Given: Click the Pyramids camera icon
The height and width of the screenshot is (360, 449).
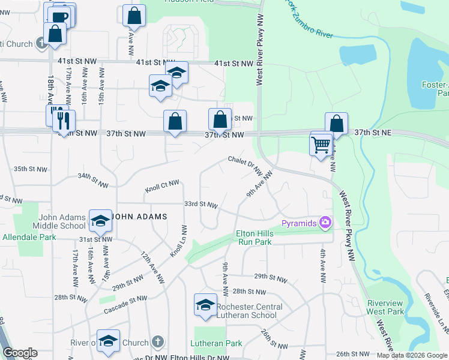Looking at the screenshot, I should (325, 223).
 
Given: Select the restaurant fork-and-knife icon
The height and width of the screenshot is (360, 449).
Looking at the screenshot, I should (63, 120).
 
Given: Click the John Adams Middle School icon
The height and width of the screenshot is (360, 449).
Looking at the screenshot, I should (100, 221).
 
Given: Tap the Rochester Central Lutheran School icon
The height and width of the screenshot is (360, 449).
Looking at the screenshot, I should (205, 305).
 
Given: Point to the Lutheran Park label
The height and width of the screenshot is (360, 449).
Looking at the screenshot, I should (216, 344).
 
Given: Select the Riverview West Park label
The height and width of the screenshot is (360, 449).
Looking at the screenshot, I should (385, 307).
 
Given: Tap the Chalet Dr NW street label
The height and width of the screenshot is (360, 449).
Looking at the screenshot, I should (245, 165).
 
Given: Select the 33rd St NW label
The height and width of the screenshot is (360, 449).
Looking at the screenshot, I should (200, 205).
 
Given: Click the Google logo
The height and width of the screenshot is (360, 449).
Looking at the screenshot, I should (20, 353).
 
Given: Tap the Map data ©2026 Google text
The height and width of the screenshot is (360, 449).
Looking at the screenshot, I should (411, 355).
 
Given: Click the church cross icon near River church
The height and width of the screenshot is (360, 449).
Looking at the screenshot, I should (158, 342).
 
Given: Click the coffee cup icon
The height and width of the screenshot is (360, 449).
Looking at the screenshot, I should (60, 16).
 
